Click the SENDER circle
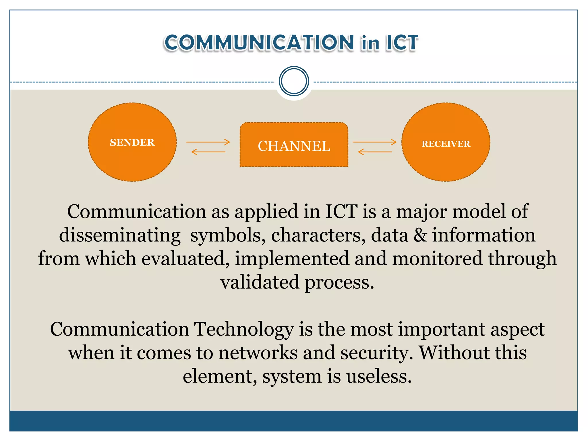coord(132,142)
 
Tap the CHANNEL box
coord(294,145)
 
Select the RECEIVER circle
coord(446,142)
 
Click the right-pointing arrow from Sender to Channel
coord(208,142)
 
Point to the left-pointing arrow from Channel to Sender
coord(208,152)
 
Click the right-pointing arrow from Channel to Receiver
coord(375,142)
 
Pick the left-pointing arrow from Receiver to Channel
coord(375,152)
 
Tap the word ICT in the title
coord(402,43)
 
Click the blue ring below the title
coord(294,81)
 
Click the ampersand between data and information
coord(420,235)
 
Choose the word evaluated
coord(185,258)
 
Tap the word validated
coord(260,282)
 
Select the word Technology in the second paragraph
coord(244,329)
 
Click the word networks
coord(258,353)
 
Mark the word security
coord(376,353)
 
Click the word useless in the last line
coord(379,376)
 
